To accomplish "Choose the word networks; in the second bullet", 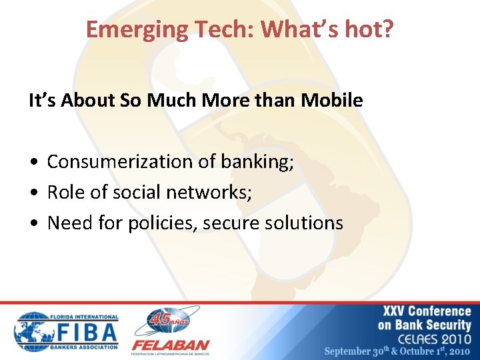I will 208,193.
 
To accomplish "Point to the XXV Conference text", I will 427,311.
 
